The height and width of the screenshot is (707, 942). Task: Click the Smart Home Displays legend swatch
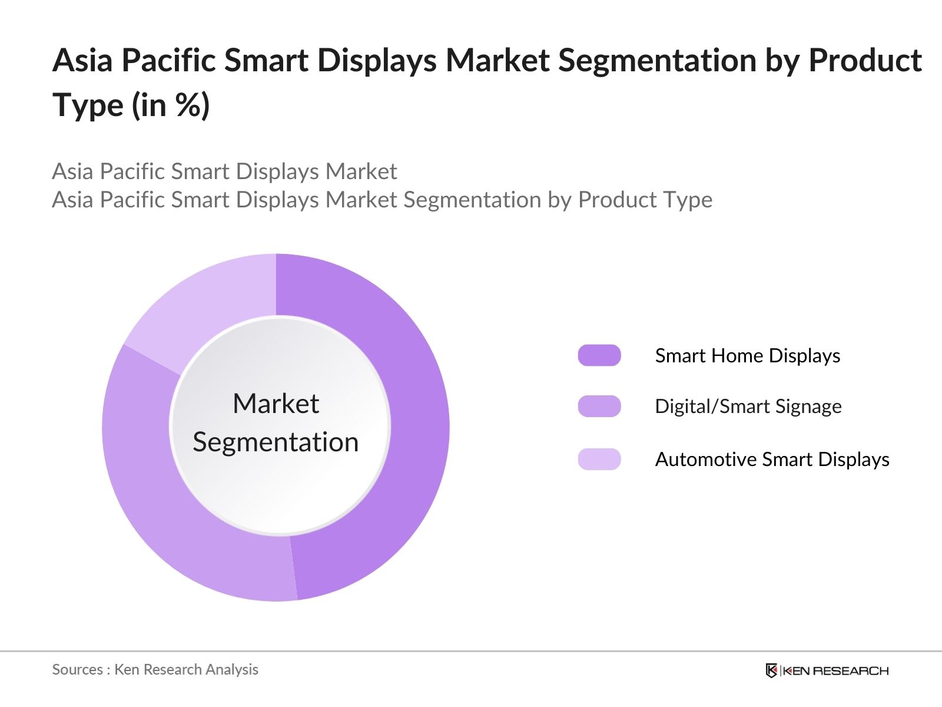pyautogui.click(x=599, y=355)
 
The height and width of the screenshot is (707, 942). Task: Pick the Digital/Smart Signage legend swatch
pyautogui.click(x=599, y=406)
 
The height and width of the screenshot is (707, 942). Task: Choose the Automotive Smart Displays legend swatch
pyautogui.click(x=599, y=459)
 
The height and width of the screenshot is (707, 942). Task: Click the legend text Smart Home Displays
pyautogui.click(x=747, y=355)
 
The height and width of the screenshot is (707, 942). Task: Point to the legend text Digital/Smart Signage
pyautogui.click(x=748, y=406)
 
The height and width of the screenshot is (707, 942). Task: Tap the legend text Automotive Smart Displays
pyautogui.click(x=772, y=459)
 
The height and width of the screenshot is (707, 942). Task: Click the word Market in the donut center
pyautogui.click(x=276, y=404)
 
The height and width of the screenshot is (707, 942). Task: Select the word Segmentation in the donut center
pyautogui.click(x=276, y=442)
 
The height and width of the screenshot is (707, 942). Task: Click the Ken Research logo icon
pyautogui.click(x=771, y=670)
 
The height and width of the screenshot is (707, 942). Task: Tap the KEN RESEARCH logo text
pyautogui.click(x=835, y=670)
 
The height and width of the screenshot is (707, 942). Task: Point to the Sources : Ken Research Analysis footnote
pyautogui.click(x=155, y=669)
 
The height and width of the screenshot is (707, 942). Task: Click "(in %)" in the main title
pyautogui.click(x=171, y=106)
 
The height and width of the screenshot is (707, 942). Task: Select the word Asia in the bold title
pyautogui.click(x=82, y=61)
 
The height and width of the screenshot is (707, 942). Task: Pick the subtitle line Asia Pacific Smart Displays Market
pyautogui.click(x=224, y=171)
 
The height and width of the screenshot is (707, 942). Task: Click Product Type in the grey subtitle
pyautogui.click(x=645, y=200)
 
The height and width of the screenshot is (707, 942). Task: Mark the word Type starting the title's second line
pyautogui.click(x=88, y=106)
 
